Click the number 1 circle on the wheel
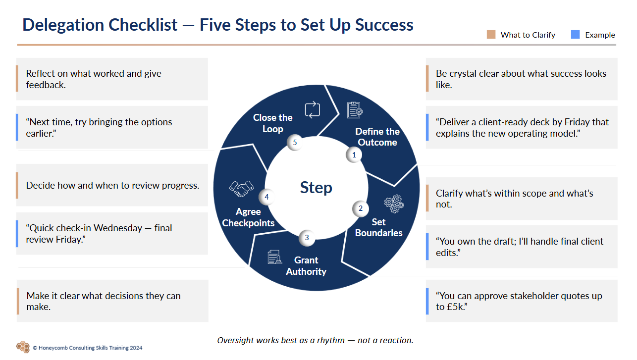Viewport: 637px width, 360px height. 354,155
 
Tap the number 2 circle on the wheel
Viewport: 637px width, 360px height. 361,208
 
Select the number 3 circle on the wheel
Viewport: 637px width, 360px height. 307,238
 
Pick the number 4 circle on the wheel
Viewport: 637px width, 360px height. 266,197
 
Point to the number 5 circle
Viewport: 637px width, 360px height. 295,143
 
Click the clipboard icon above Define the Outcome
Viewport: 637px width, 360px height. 354,110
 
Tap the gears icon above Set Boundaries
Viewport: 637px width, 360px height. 394,204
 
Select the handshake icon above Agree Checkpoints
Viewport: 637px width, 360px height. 241,188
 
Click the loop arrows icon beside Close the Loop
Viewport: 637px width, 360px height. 313,109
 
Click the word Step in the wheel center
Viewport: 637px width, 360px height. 316,188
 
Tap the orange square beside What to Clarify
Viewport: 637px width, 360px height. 491,35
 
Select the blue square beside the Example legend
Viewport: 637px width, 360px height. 575,35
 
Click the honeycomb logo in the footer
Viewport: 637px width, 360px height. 23,347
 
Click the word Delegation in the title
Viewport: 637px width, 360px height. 57,25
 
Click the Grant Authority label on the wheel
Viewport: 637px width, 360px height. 306,266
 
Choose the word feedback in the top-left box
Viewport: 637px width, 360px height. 45,85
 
